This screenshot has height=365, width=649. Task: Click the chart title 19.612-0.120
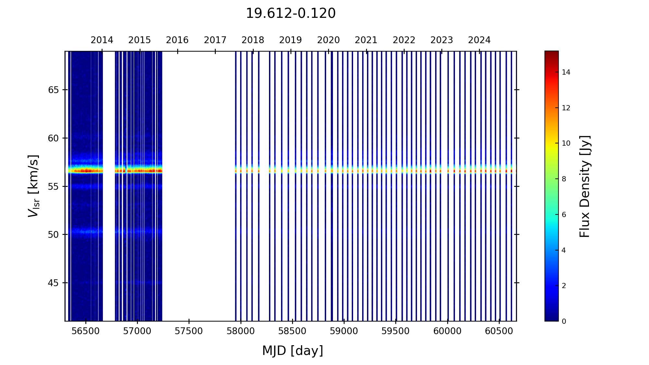tap(290, 14)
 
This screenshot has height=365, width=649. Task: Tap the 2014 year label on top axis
tap(102, 40)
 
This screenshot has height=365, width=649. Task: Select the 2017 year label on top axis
tap(215, 40)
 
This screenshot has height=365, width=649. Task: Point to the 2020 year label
tap(328, 40)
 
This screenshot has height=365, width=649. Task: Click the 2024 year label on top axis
tap(479, 40)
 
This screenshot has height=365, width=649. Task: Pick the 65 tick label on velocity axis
tap(54, 90)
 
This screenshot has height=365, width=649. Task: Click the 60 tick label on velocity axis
tap(54, 138)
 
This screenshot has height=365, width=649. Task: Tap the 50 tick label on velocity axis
tap(54, 235)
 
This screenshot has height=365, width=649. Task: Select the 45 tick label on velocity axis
tap(54, 283)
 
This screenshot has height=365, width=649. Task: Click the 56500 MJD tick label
tap(86, 331)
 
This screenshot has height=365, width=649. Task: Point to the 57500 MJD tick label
tap(189, 331)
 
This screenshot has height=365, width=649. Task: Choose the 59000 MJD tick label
tap(344, 331)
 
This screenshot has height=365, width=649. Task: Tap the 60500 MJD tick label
tap(499, 331)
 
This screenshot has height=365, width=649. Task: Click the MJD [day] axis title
tap(293, 351)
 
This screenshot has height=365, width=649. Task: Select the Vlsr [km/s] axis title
tap(33, 186)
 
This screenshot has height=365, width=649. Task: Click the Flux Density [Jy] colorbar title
tap(584, 186)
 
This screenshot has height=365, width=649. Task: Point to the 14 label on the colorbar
tap(566, 72)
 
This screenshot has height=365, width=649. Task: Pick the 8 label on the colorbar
tap(564, 179)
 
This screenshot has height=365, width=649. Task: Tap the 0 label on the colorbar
tap(564, 322)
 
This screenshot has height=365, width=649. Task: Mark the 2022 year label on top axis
tap(404, 40)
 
